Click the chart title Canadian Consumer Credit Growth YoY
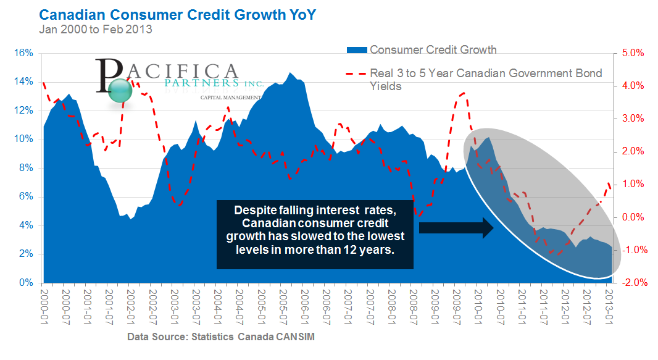pos(177,14)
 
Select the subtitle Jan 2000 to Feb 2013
pos(95,28)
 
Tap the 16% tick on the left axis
pos(23,53)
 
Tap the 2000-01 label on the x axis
pos(44,303)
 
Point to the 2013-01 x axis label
pos(607,303)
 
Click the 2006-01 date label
pos(304,303)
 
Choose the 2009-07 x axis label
pos(456,303)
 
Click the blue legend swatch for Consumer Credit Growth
pos(356,50)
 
